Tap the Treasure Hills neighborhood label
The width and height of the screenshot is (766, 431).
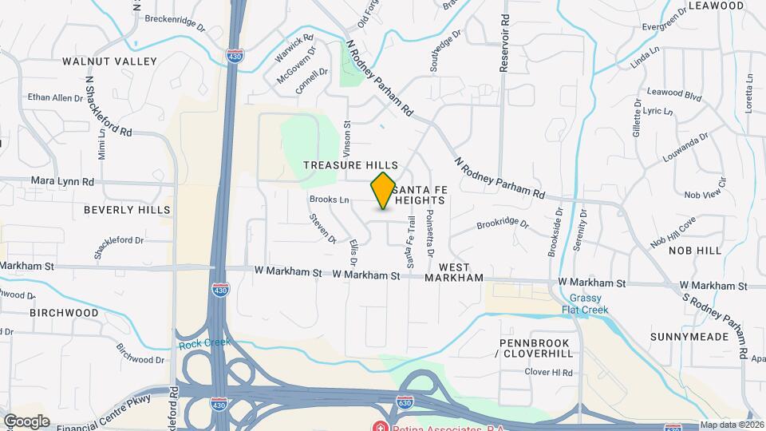[350, 164]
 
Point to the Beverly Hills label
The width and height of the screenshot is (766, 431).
[127, 210]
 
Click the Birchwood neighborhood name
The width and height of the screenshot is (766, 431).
[65, 313]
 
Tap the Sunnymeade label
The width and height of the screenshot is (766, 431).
[689, 337]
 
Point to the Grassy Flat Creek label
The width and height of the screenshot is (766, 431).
[585, 303]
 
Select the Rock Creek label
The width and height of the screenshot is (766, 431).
[204, 342]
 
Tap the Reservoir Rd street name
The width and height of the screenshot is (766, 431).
[504, 44]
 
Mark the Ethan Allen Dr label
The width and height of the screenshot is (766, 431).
[55, 97]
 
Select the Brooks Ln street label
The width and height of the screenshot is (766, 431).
[330, 199]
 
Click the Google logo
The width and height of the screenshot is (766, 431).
[26, 421]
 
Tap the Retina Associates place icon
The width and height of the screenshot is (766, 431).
[381, 426]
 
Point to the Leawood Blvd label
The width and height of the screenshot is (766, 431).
[674, 94]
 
